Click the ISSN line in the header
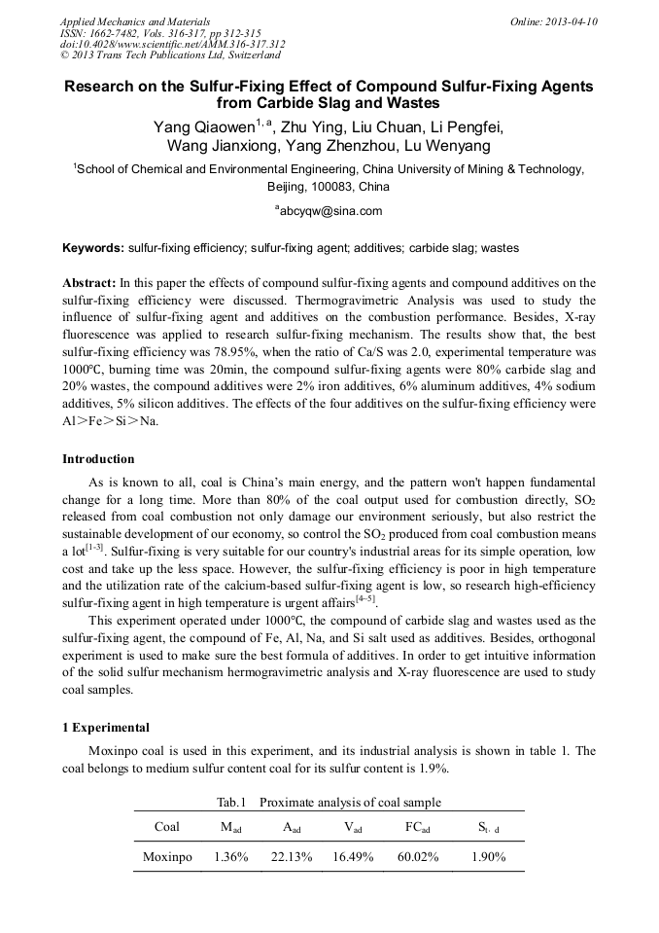tap(160, 32)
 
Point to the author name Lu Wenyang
tap(446, 147)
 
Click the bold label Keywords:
tap(93, 248)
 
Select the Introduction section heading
tap(98, 458)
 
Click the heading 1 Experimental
tap(105, 727)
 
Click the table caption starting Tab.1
tap(329, 802)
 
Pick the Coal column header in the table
tap(167, 827)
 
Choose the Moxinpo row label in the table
tap(167, 857)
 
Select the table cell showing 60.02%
tap(417, 857)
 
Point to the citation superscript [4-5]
tap(367, 598)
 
